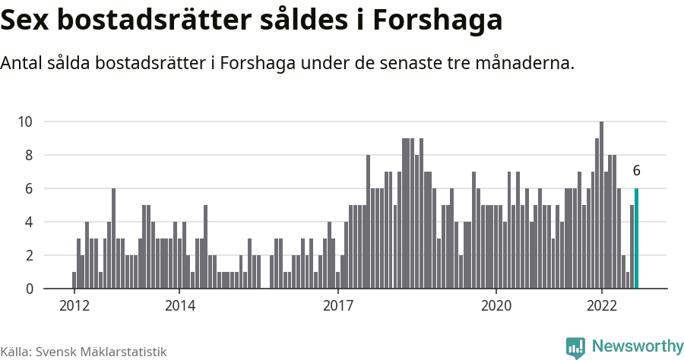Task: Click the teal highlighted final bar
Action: click(x=636, y=238)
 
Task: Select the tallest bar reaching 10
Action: click(x=601, y=205)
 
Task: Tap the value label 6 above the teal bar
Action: click(x=636, y=171)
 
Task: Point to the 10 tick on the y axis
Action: click(x=25, y=122)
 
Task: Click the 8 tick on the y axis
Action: click(x=29, y=155)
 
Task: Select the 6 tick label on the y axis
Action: click(x=29, y=188)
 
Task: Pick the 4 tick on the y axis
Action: click(x=29, y=222)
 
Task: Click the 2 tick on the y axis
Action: click(x=29, y=255)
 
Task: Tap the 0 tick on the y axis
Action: click(x=29, y=289)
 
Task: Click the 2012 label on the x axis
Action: click(x=74, y=306)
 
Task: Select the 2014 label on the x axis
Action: click(x=179, y=306)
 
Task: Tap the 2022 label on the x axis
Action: click(x=602, y=306)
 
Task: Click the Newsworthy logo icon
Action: click(x=575, y=347)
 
